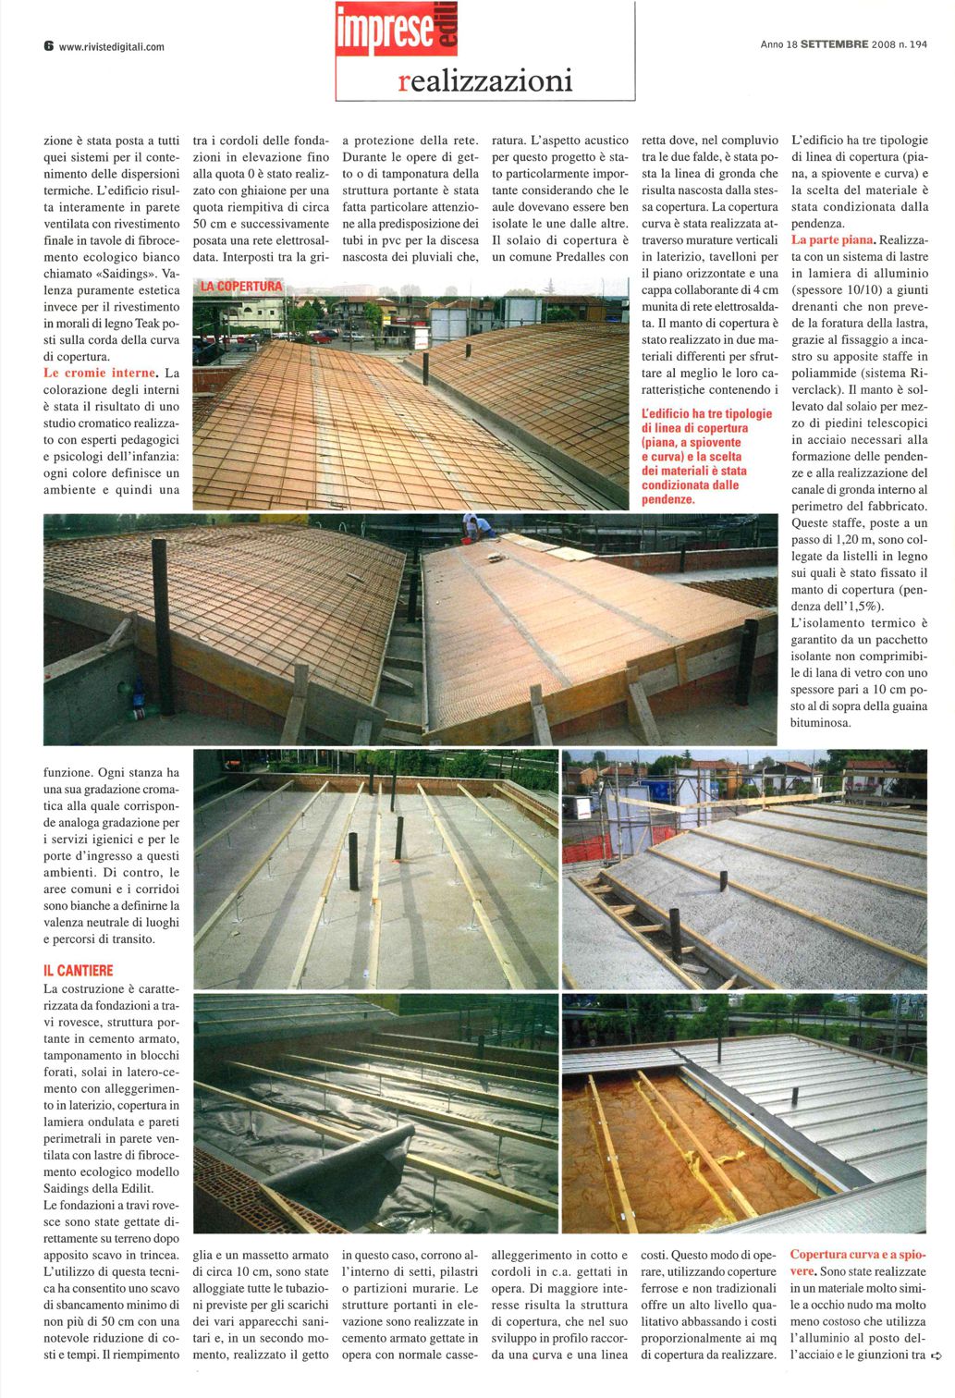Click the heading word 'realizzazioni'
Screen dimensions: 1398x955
pos(485,80)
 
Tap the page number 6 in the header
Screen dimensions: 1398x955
pos(48,45)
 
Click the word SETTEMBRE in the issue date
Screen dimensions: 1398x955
pos(834,44)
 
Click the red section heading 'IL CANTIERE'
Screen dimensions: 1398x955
pos(79,970)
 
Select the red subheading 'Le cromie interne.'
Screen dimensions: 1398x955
pos(100,374)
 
